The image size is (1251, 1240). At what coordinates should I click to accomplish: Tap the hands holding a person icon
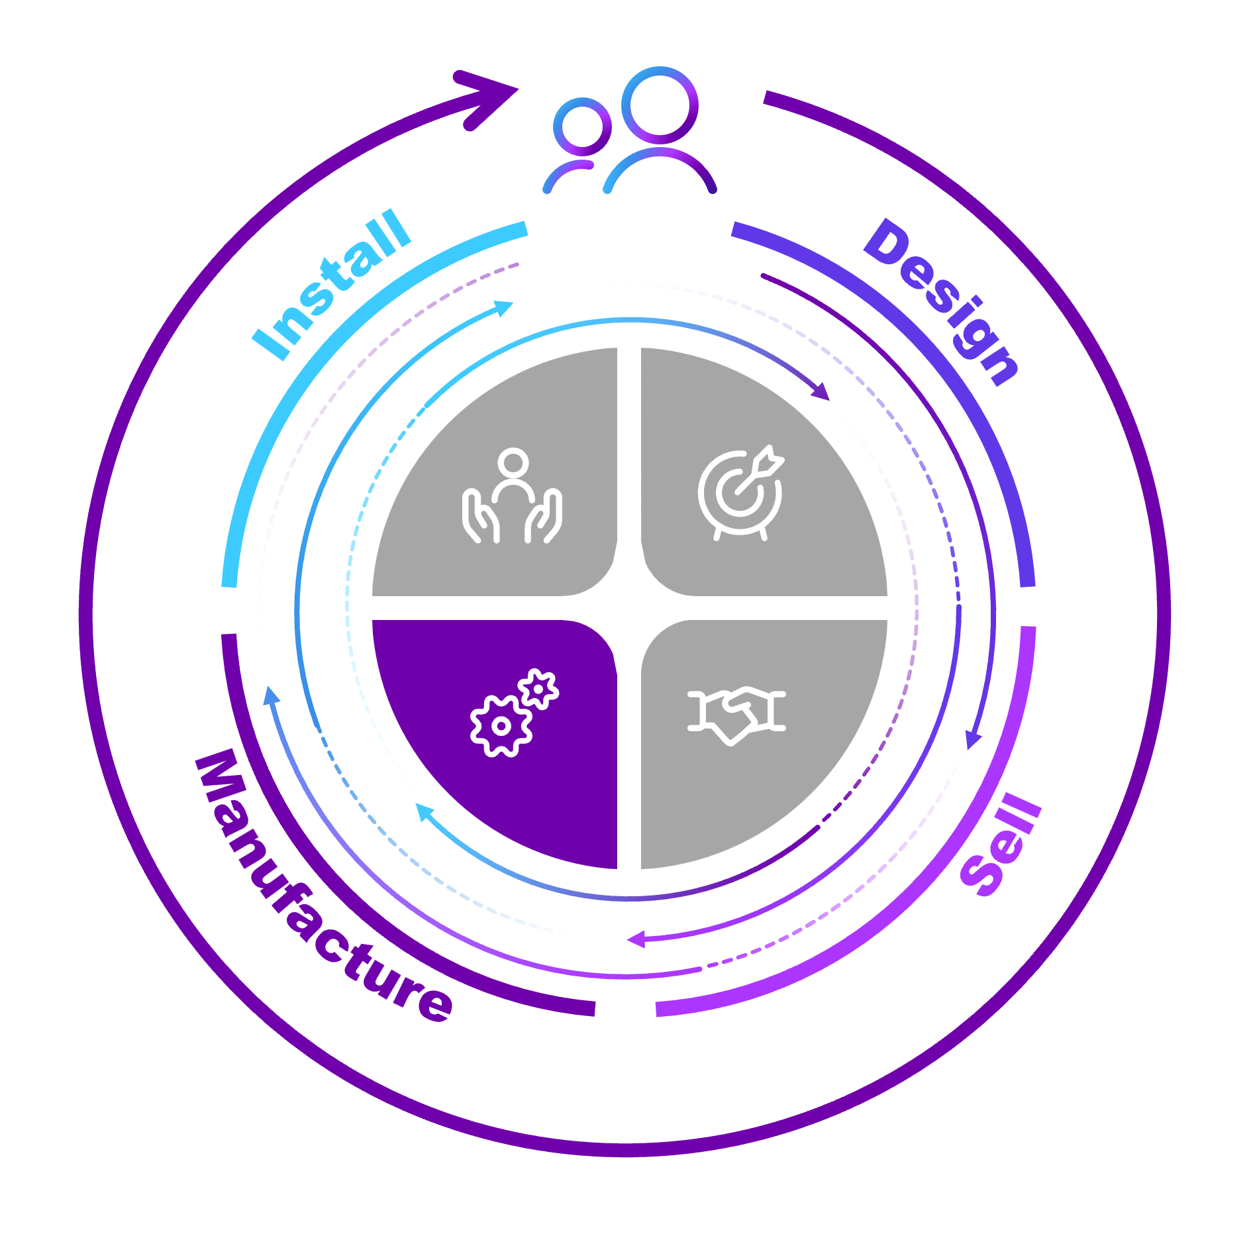click(x=512, y=495)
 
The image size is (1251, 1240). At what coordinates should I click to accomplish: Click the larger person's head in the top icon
click(x=660, y=105)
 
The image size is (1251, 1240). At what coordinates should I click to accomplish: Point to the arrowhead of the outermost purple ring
click(x=490, y=98)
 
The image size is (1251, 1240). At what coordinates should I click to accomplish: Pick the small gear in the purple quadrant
click(x=538, y=690)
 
